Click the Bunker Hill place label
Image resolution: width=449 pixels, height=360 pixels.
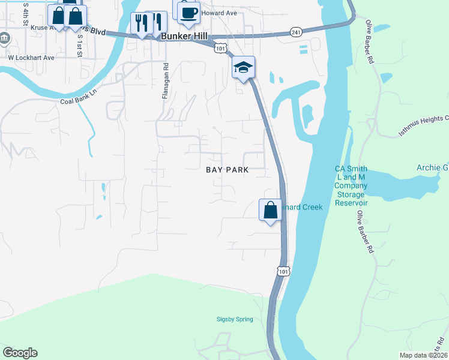coord(184,37)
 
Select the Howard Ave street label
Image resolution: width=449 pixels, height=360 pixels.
coord(219,12)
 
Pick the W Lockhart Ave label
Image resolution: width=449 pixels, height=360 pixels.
coord(31,58)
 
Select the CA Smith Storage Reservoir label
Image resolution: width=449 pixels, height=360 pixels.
coord(351,186)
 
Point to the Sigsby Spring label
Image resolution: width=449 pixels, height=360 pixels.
coord(235,319)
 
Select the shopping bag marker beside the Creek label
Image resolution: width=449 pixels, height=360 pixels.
coord(271,210)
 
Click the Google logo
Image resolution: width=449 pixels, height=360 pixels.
coord(20,353)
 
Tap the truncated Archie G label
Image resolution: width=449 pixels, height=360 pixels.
coord(432,167)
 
